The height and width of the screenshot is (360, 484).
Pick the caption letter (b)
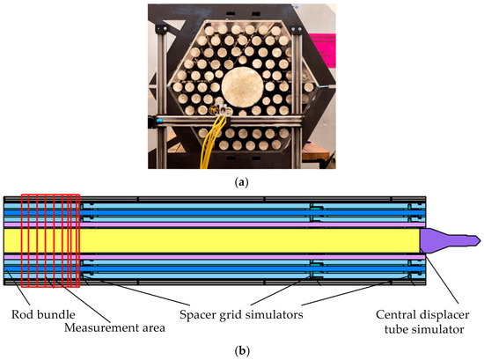click(241, 349)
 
